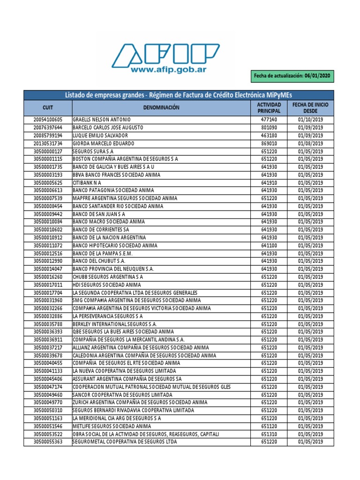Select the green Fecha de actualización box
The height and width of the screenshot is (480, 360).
point(292,75)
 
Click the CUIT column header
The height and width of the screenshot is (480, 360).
point(47,107)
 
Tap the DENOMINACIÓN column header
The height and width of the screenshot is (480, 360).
point(161,107)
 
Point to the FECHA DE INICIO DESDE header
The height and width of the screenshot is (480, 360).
point(310,107)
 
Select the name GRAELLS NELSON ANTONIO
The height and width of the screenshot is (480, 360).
point(101,120)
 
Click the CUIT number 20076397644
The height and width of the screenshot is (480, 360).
point(47,127)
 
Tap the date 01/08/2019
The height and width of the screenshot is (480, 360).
point(310,143)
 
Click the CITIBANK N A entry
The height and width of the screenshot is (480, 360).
point(87,182)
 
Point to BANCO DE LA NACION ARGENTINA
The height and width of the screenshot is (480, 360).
point(109,238)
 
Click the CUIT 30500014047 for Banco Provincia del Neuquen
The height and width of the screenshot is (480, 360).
point(47,269)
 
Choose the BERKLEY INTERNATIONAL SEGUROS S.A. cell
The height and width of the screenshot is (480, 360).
point(115,324)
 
